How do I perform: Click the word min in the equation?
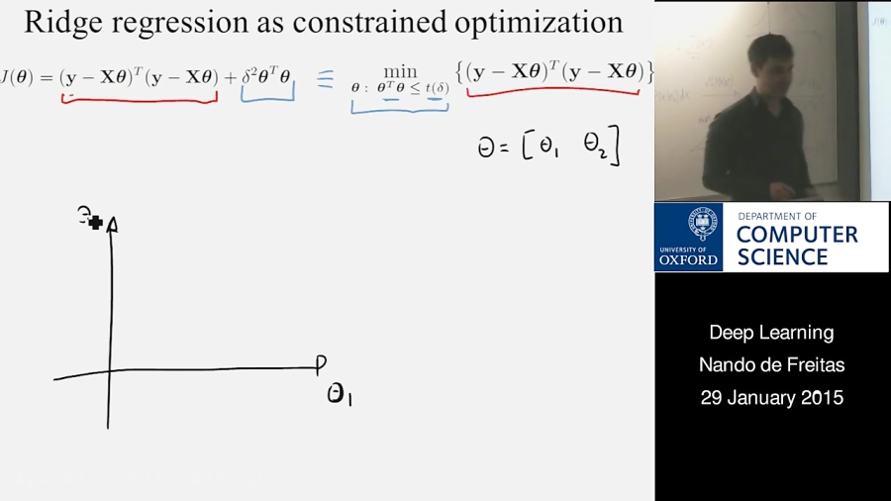(x=400, y=70)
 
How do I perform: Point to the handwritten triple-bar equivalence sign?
(x=326, y=79)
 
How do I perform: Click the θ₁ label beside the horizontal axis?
(x=340, y=395)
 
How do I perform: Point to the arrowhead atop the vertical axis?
(x=112, y=225)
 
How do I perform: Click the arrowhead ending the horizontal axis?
(x=320, y=364)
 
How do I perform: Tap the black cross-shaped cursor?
(x=95, y=223)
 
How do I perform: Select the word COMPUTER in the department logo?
(x=797, y=235)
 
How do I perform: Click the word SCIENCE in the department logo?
(x=782, y=256)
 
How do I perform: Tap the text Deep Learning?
(x=771, y=333)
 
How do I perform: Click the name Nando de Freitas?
(x=771, y=365)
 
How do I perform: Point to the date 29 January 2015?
(x=771, y=398)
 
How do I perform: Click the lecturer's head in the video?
(x=768, y=58)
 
